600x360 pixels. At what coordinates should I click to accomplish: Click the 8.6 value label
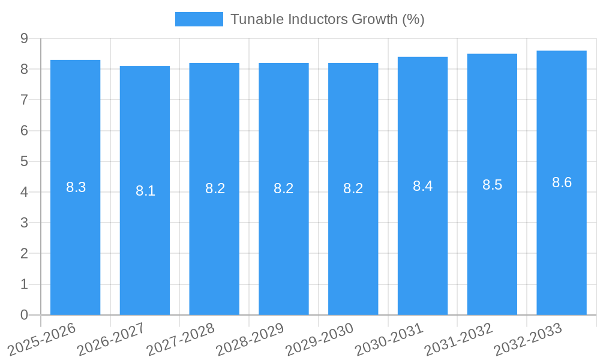(562, 183)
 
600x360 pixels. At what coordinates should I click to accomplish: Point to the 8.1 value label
(145, 191)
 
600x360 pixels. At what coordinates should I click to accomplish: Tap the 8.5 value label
(492, 185)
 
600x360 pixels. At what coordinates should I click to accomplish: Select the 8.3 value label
(76, 187)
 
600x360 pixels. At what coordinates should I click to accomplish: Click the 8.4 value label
(422, 186)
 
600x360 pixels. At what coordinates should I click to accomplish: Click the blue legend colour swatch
(199, 19)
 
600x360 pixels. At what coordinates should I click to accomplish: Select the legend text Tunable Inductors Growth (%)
(327, 19)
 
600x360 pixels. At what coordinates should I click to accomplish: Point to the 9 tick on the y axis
(24, 38)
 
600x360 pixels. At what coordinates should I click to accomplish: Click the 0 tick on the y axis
(24, 315)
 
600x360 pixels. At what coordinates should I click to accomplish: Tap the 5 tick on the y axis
(24, 161)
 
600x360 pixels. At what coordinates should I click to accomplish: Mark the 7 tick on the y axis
(24, 100)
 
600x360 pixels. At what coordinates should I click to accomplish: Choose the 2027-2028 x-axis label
(181, 339)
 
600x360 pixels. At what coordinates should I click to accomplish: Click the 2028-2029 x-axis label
(250, 339)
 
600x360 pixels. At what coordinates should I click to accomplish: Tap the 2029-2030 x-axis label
(320, 339)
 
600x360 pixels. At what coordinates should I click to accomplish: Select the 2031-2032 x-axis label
(458, 339)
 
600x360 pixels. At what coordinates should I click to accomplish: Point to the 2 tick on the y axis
(24, 254)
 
